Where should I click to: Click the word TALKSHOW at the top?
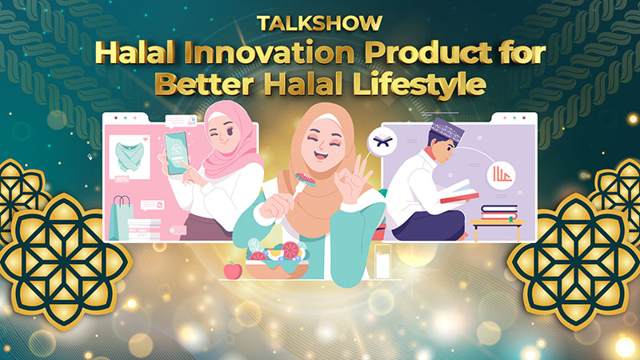[319, 23]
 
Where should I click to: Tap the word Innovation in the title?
[269, 54]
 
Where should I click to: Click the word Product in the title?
[429, 54]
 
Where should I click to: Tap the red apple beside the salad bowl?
[233, 270]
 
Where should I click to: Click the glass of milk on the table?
[382, 262]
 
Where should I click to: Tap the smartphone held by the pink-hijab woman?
[176, 153]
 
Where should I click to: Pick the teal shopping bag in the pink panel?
[121, 218]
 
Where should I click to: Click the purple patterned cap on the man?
[448, 130]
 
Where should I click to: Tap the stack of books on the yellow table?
[498, 213]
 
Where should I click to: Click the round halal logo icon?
[502, 175]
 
